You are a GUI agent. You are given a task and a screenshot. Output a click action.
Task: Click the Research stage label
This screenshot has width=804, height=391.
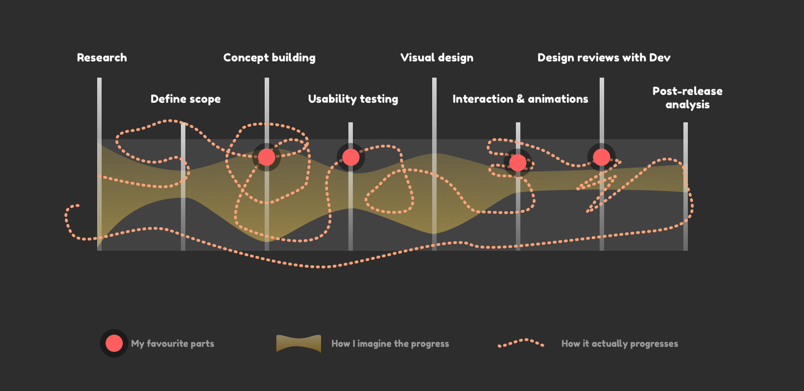pyautogui.click(x=102, y=58)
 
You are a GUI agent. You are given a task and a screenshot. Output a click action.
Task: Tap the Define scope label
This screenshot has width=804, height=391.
pyautogui.click(x=185, y=99)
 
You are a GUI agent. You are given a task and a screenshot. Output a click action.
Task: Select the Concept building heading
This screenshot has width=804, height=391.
pyautogui.click(x=269, y=58)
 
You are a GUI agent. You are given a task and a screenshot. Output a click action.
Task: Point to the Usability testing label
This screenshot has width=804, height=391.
pyautogui.click(x=353, y=99)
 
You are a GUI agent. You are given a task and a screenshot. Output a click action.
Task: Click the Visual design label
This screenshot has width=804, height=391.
pyautogui.click(x=437, y=58)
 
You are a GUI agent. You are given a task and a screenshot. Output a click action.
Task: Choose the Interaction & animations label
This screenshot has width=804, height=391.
pyautogui.click(x=520, y=99)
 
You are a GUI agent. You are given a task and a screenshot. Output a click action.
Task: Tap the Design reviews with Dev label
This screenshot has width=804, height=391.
pyautogui.click(x=604, y=58)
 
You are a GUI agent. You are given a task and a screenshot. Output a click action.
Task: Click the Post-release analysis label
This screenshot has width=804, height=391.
pyautogui.click(x=687, y=98)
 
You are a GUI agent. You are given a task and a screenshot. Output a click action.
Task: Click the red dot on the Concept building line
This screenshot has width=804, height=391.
pyautogui.click(x=266, y=158)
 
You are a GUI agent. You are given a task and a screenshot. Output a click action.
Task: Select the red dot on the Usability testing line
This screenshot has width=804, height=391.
pyautogui.click(x=351, y=158)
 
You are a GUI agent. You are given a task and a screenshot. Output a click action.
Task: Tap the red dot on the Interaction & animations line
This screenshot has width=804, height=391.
pyautogui.click(x=518, y=163)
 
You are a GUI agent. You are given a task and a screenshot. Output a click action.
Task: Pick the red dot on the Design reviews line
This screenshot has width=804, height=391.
pyautogui.click(x=601, y=158)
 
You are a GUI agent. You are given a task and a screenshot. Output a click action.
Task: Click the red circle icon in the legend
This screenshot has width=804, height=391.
pyautogui.click(x=114, y=344)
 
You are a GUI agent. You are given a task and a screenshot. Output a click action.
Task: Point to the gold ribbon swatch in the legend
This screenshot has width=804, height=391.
pyautogui.click(x=299, y=344)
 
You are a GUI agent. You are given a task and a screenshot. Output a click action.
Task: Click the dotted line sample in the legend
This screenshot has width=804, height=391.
pyautogui.click(x=521, y=343)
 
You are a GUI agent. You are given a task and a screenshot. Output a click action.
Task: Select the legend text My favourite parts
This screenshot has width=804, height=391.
pyautogui.click(x=173, y=344)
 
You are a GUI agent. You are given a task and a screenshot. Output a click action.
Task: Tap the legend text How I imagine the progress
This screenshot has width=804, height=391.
pyautogui.click(x=390, y=344)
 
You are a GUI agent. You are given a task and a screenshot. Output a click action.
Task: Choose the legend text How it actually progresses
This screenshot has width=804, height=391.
pyautogui.click(x=620, y=344)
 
